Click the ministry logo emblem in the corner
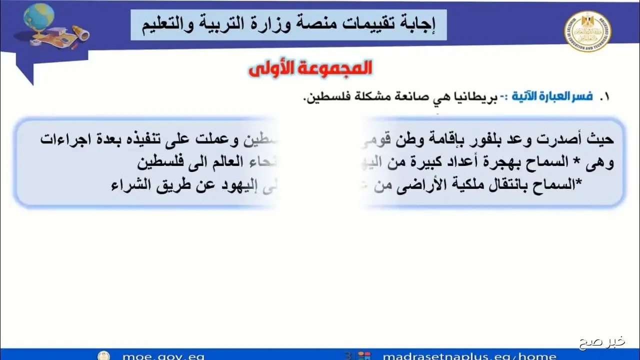pyautogui.click(x=588, y=31)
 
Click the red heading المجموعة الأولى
pyautogui.click(x=310, y=68)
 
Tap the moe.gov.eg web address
pyautogui.click(x=163, y=355)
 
